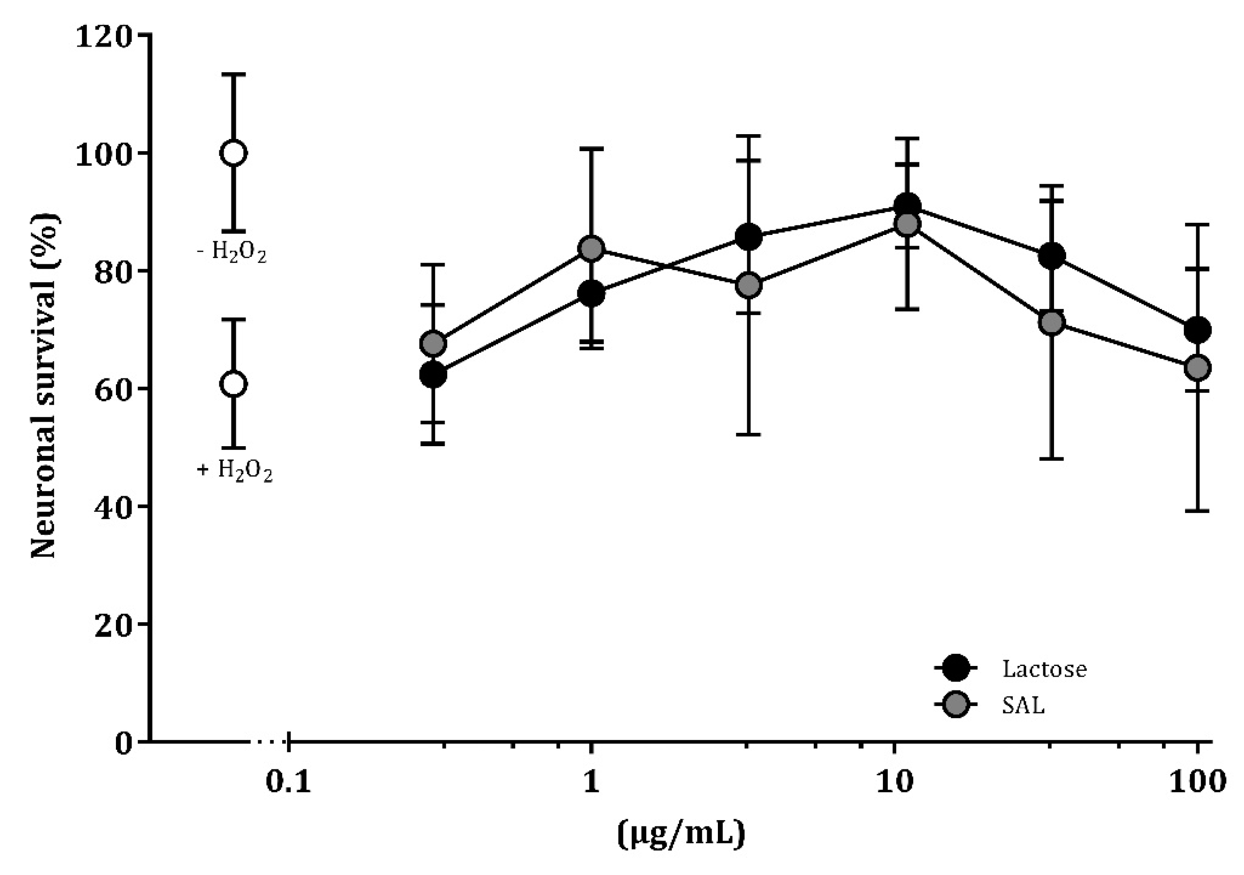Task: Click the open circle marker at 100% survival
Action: tap(234, 153)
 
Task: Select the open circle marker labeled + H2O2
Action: tap(234, 384)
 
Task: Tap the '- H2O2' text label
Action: tap(232, 252)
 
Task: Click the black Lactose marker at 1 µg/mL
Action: tap(591, 294)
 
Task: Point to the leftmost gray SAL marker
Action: tap(433, 343)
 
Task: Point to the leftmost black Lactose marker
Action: tap(433, 374)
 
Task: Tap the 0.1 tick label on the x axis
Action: tap(289, 782)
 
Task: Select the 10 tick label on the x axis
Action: tap(894, 782)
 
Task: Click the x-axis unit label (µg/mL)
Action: tap(681, 835)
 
